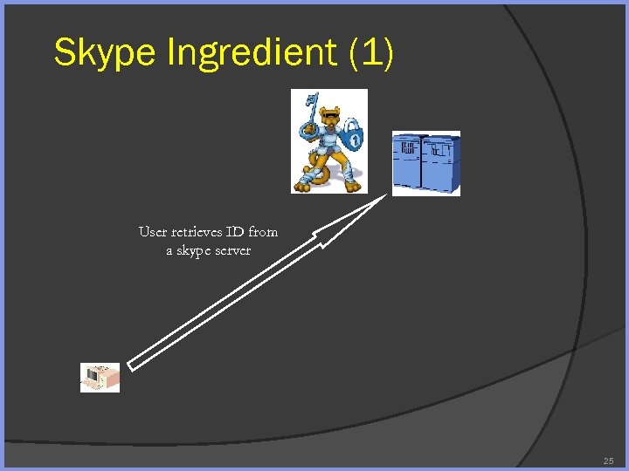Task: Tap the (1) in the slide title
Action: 371,52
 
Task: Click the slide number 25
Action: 608,461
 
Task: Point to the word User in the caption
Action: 152,232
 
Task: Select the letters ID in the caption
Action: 236,232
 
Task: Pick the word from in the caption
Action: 263,232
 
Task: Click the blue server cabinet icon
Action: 425,163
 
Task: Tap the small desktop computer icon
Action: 100,378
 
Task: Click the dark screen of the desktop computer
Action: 91,379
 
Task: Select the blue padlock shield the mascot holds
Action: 352,135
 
